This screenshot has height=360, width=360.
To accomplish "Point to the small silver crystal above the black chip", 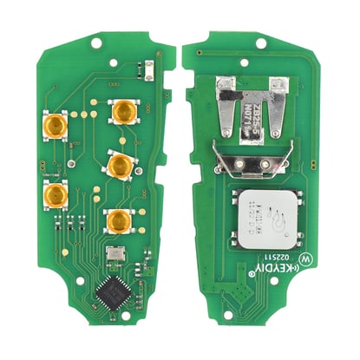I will click(x=113, y=258).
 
